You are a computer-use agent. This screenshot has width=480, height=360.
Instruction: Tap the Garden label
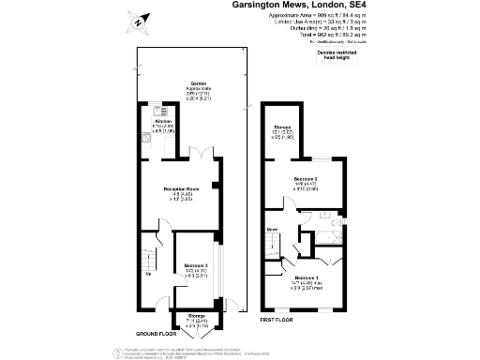pos(198,84)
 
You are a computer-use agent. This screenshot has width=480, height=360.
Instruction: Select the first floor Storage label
pos(281,127)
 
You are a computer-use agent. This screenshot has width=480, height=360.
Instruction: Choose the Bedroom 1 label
pos(307,278)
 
